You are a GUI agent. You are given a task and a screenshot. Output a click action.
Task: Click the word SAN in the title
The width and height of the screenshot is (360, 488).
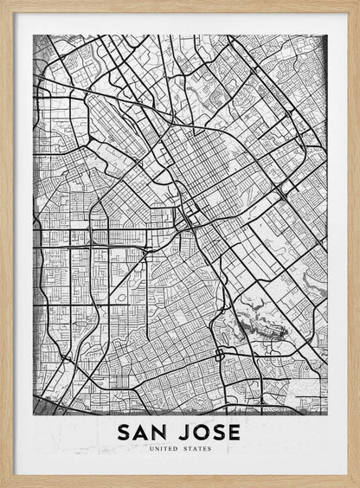pyautogui.click(x=143, y=432)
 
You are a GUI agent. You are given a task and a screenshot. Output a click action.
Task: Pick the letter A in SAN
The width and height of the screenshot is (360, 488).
pyautogui.click(x=143, y=432)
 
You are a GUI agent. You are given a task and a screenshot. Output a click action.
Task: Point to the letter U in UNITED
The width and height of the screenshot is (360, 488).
pyautogui.click(x=151, y=449)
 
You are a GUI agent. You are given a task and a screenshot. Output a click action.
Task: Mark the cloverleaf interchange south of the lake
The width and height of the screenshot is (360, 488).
pyautogui.click(x=219, y=354)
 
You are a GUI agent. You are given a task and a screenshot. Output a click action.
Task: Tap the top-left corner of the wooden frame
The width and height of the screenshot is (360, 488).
pyautogui.click(x=3, y=3)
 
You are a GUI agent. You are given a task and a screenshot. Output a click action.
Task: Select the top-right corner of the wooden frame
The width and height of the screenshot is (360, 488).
pyautogui.click(x=357, y=3)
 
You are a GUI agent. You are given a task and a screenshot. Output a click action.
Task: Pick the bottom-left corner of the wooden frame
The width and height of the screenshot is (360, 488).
pyautogui.click(x=3, y=485)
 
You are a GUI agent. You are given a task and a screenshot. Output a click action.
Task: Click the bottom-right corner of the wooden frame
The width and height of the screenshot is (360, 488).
pyautogui.click(x=357, y=485)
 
